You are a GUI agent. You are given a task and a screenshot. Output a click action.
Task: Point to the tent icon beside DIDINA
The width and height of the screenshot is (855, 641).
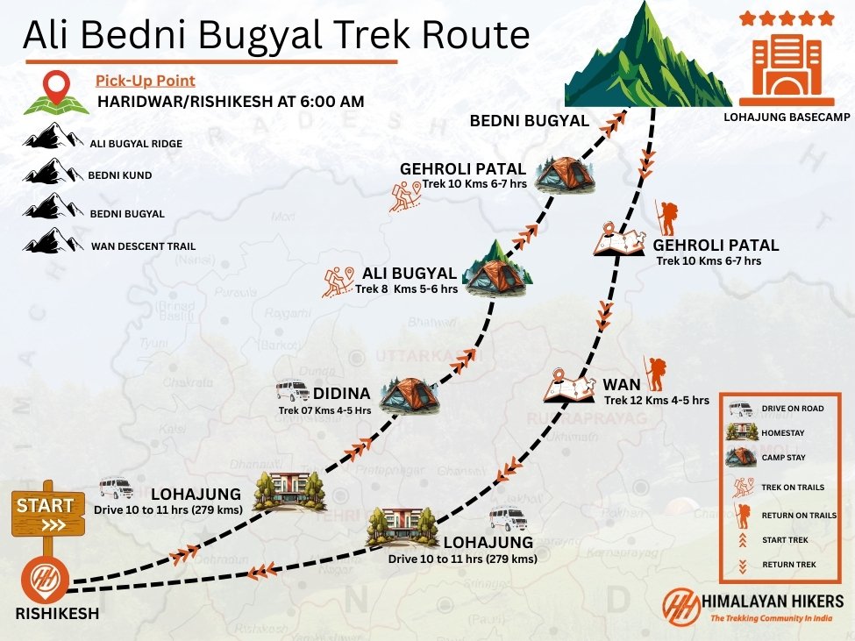click(x=408, y=395)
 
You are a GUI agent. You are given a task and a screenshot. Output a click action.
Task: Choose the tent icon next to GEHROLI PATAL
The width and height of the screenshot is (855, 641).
click(x=565, y=174)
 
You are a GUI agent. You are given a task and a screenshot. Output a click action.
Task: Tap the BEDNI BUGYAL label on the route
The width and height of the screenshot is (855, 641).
click(x=529, y=121)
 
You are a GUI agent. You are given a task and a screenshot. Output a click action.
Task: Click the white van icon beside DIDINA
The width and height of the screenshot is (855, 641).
click(x=292, y=390)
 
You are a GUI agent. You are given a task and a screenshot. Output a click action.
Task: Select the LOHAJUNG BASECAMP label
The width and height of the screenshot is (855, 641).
click(x=787, y=117)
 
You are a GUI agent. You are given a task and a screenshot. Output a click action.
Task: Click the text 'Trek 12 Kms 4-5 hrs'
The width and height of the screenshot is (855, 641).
click(x=656, y=401)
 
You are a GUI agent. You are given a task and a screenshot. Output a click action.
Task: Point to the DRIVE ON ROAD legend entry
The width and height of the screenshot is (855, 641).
click(x=793, y=409)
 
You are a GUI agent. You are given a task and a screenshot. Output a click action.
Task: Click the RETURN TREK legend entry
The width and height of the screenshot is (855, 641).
click(x=789, y=565)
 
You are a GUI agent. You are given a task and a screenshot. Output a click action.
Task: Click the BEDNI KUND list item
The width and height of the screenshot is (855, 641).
click(x=119, y=175)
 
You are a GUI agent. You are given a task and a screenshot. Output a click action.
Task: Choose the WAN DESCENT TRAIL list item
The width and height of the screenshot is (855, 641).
click(x=143, y=246)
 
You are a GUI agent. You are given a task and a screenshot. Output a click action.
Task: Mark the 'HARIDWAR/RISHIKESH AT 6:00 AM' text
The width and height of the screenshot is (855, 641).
click(x=231, y=102)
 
